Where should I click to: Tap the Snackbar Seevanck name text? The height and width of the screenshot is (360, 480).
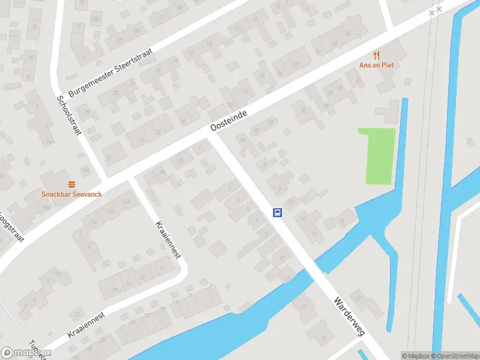coord(72,194)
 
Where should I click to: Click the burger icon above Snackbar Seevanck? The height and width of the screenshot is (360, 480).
coord(72,184)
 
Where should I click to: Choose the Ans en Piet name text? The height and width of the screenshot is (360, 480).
coord(376,65)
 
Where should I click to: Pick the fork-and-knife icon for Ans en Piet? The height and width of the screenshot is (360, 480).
coord(376,55)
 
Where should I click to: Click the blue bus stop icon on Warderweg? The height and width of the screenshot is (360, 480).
coord(278,212)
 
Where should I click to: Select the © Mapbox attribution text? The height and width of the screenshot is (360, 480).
coord(415,356)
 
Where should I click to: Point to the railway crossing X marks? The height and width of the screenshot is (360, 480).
coord(436,10)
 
